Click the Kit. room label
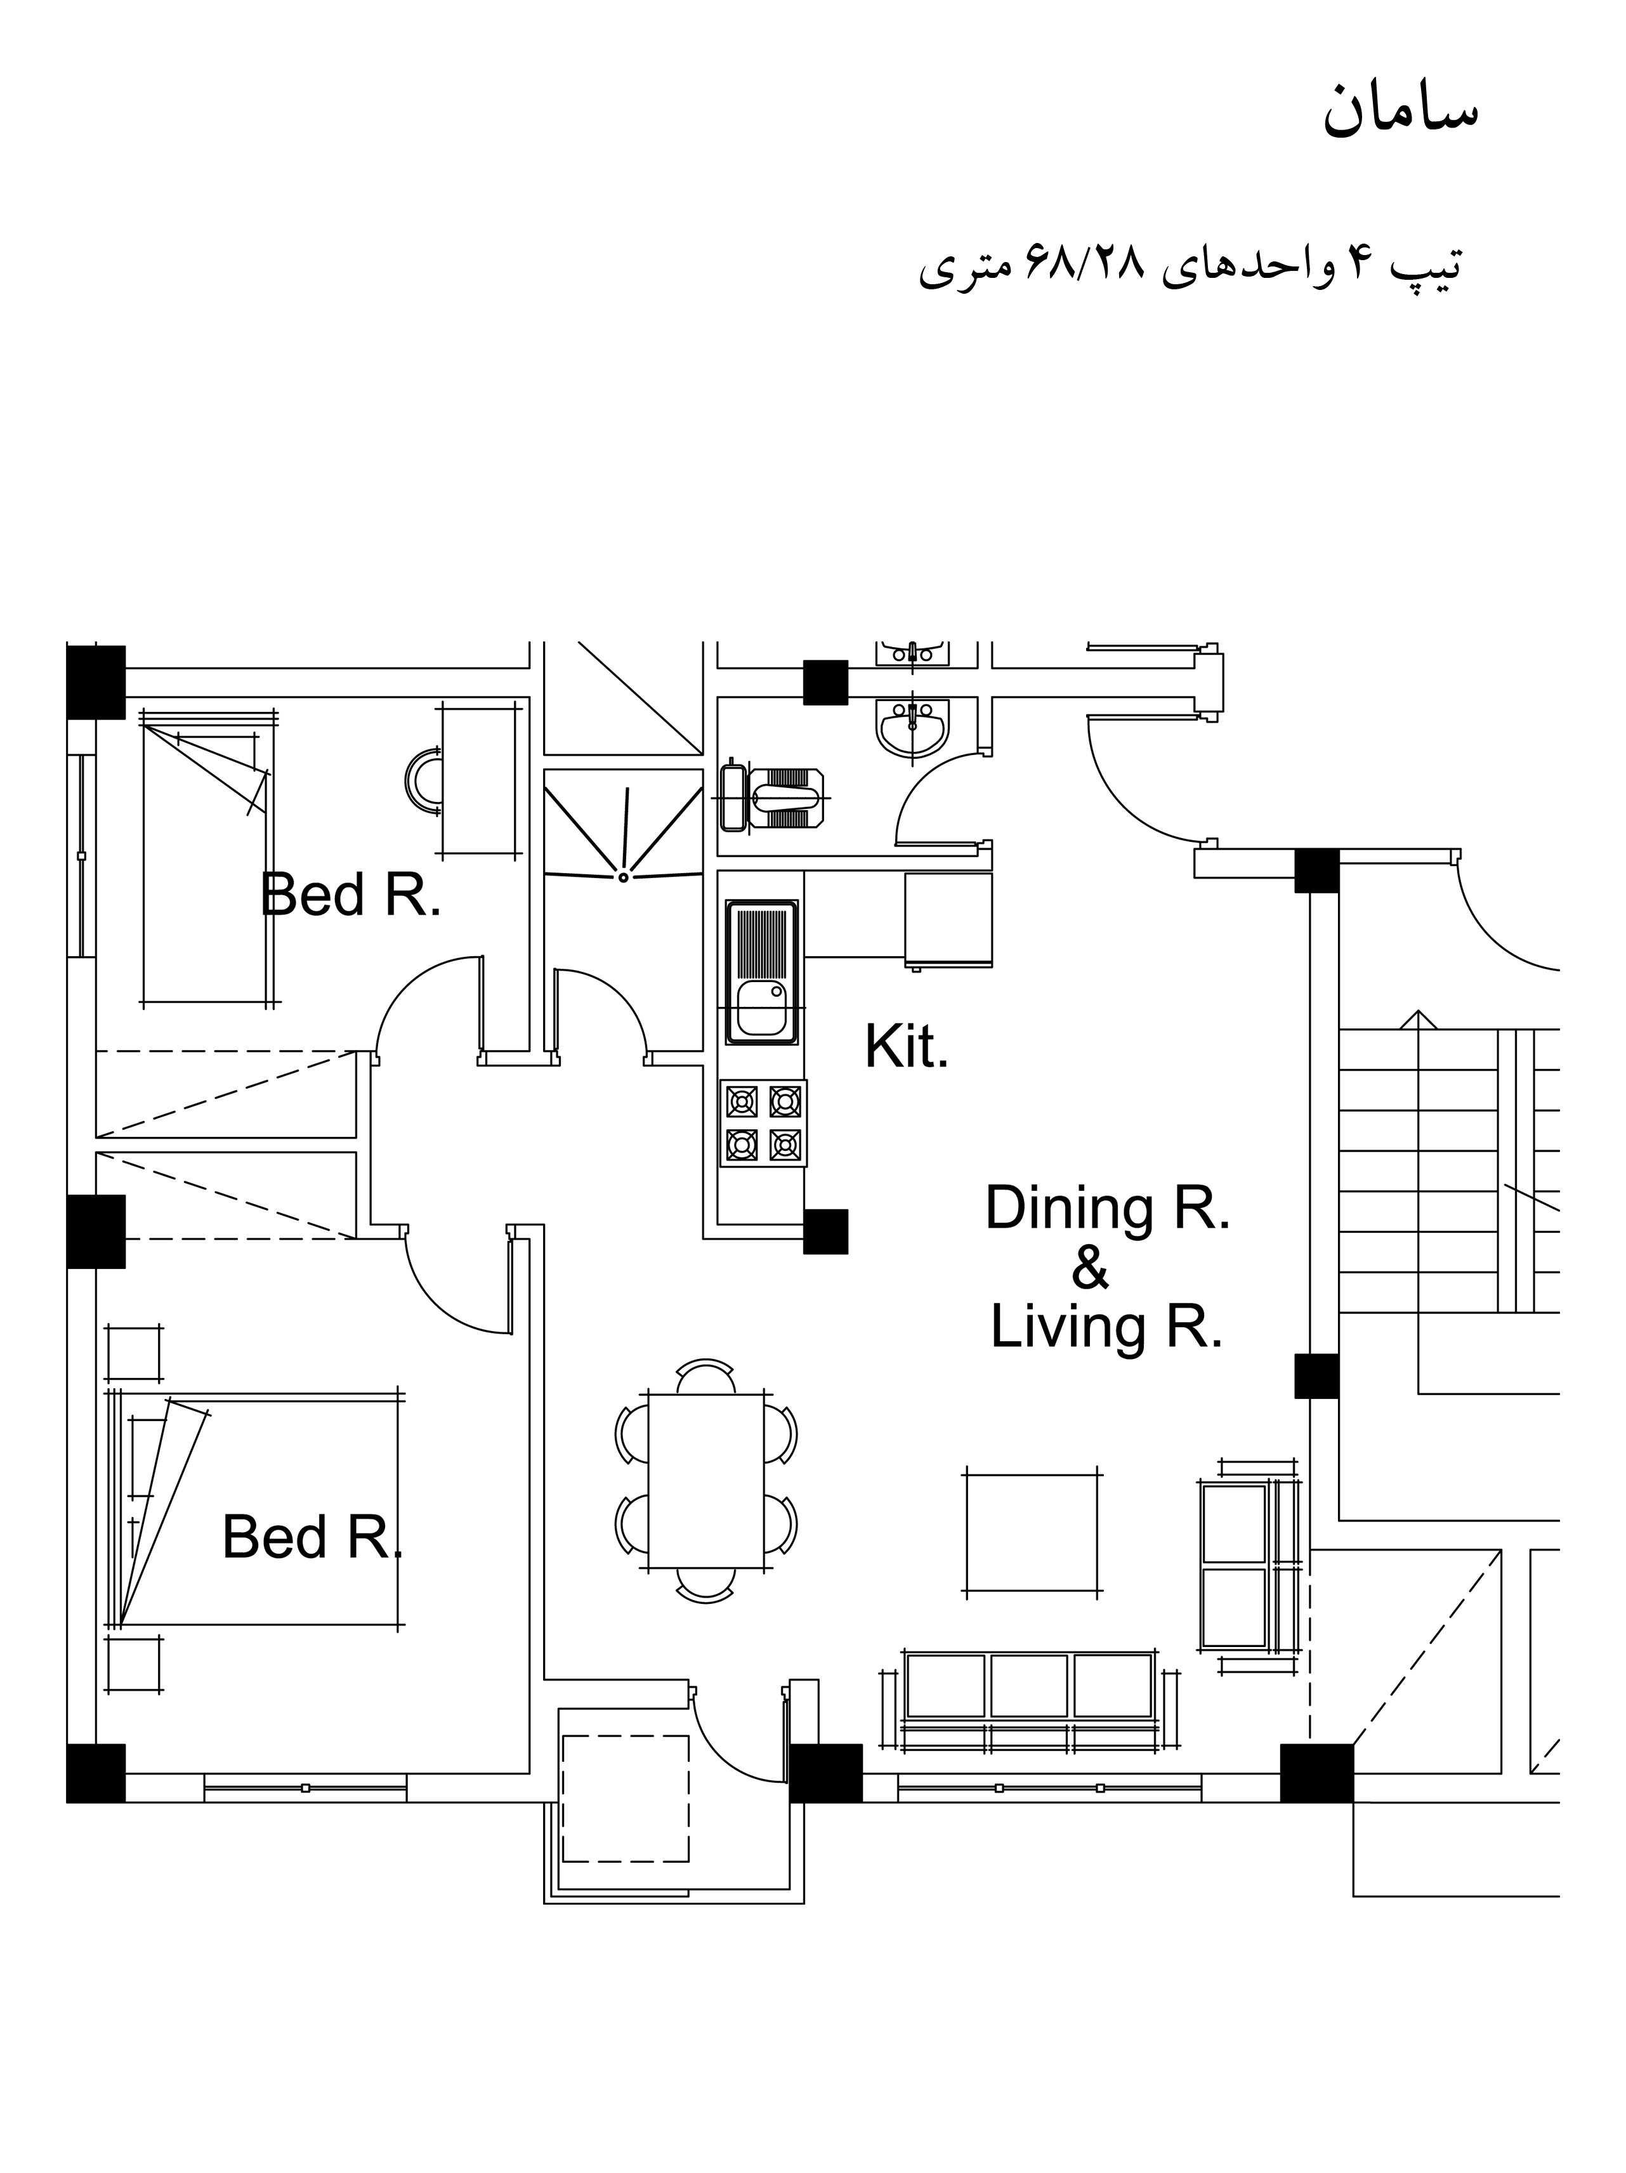906,1047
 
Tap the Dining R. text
1107,1207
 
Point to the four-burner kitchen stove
763,1124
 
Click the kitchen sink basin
761,1009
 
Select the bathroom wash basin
912,728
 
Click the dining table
705,1481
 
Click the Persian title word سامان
1401,109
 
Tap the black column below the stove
825,1231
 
